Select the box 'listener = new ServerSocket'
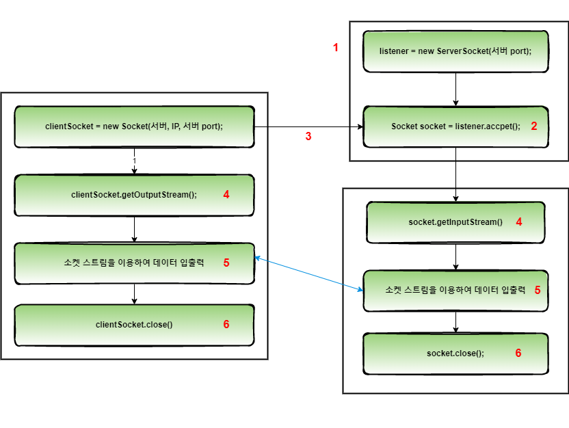point(455,51)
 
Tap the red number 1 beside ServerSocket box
point(335,47)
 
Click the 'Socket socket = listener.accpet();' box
point(455,126)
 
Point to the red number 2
point(534,126)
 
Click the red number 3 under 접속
point(308,136)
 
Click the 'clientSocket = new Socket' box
point(134,126)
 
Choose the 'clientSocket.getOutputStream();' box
point(134,195)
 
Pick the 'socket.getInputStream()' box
point(455,222)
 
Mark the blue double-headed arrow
point(308,274)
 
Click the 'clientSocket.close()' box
point(134,325)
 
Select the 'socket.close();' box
point(455,353)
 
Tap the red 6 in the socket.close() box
point(518,353)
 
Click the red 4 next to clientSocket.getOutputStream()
point(226,195)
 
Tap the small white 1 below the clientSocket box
point(134,161)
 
